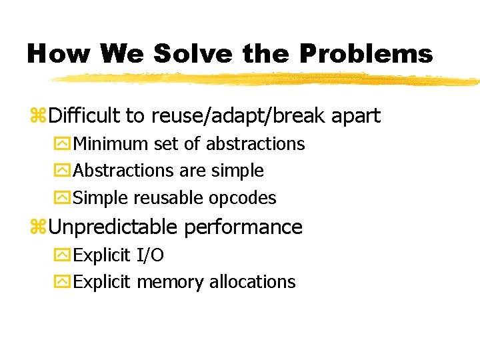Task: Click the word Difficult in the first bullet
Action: [84, 116]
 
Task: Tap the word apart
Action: [357, 117]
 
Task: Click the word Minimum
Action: [111, 144]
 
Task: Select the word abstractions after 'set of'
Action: [255, 144]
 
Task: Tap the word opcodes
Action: [243, 199]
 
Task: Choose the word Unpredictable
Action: [113, 227]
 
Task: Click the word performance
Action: [243, 227]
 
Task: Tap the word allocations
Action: [252, 282]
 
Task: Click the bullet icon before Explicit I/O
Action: [65, 255]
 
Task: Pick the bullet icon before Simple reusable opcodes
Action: [65, 199]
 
